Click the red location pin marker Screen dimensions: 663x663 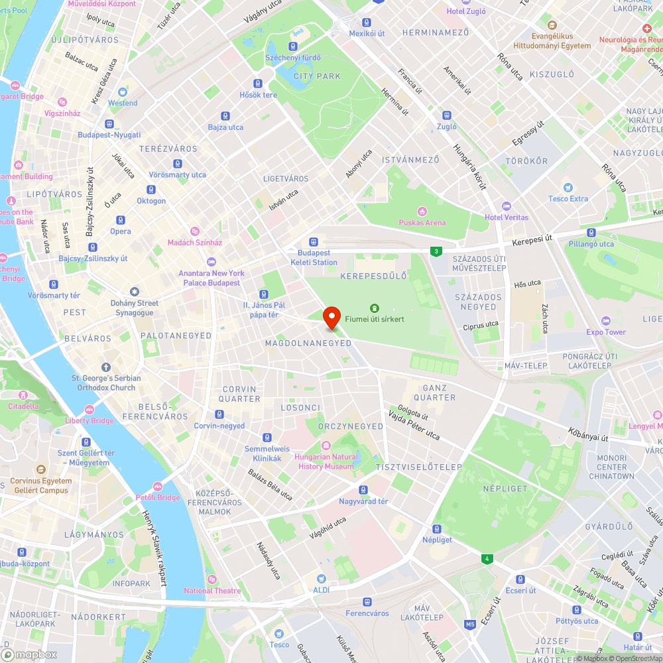point(331,318)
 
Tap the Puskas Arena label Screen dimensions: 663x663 point(422,222)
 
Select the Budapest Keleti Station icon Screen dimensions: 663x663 point(314,243)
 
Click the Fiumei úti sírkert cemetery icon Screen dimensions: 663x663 point(375,308)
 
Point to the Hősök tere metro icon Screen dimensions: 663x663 point(258,84)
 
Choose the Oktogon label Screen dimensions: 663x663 point(151,201)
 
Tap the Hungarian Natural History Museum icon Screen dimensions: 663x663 point(326,446)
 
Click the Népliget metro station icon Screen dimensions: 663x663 point(437,528)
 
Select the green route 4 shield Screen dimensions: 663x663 point(488,559)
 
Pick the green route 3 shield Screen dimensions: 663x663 point(436,251)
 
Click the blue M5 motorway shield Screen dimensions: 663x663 point(470,625)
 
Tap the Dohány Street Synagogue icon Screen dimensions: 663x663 point(135,292)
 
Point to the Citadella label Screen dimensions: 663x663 point(23,406)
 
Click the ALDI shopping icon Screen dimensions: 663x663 point(322,579)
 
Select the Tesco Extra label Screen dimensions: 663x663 point(568,199)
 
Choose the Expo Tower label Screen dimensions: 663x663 point(605,332)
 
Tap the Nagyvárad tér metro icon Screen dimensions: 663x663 point(363,490)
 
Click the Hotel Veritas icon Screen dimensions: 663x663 point(507,206)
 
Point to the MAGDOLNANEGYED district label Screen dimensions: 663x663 point(308,343)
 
